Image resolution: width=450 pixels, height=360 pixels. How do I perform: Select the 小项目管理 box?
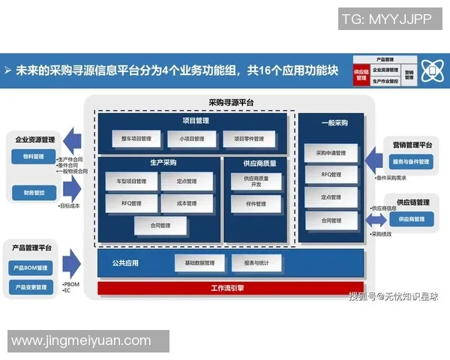[x=188, y=139]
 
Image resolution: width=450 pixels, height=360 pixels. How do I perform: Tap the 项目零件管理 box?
[x=249, y=139]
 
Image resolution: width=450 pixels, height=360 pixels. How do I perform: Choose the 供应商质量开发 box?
[x=256, y=181]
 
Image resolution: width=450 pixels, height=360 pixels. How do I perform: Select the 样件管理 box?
[x=256, y=203]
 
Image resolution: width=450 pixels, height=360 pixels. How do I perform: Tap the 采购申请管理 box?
[x=330, y=153]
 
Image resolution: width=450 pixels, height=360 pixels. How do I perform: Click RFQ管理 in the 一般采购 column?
[x=330, y=175]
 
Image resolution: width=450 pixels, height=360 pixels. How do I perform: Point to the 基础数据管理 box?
[x=199, y=263]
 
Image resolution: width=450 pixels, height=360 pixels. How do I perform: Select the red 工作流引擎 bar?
[x=231, y=288]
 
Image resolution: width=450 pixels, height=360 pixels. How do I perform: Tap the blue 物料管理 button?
[x=34, y=157]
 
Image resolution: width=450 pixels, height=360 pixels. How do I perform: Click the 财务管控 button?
[x=34, y=193]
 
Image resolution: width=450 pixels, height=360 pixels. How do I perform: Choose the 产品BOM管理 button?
[x=31, y=268]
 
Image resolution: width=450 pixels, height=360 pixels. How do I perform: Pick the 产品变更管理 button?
[x=31, y=287]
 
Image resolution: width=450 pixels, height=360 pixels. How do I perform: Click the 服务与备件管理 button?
[x=410, y=161]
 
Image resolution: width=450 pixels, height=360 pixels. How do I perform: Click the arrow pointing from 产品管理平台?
[x=71, y=263]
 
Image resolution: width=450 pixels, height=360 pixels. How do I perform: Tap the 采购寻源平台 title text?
[x=231, y=102]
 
